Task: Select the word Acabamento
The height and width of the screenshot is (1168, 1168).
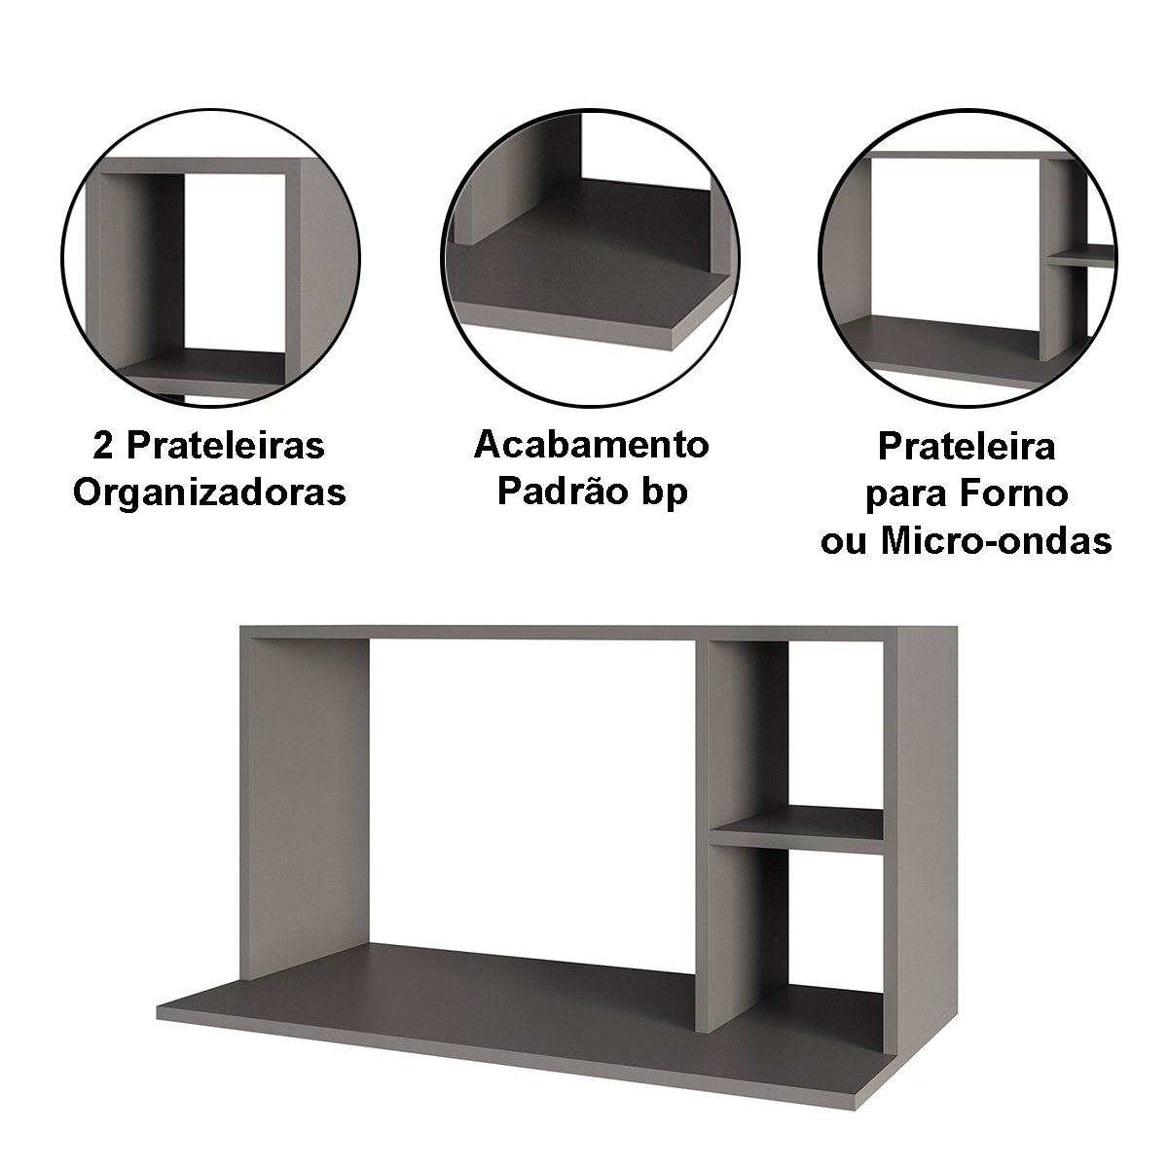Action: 591,446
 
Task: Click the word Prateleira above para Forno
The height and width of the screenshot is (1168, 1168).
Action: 967,448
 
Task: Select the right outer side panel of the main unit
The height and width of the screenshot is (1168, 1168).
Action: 920,830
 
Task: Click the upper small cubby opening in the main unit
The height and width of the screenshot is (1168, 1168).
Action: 835,724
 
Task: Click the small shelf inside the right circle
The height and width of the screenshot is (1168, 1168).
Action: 1081,256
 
